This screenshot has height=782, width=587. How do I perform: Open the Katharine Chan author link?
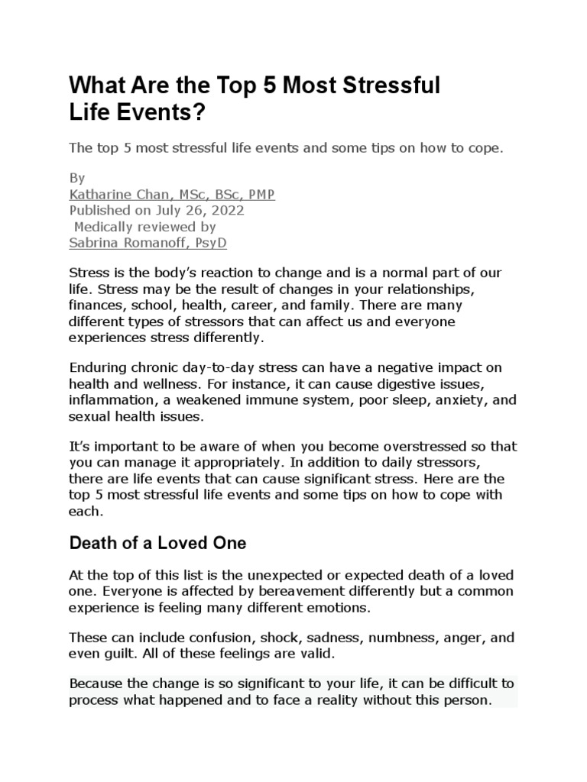tap(171, 194)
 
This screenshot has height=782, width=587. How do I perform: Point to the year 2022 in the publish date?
tap(229, 210)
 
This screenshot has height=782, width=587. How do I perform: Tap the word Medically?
tap(105, 226)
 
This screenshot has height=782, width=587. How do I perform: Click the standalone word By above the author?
tap(76, 178)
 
